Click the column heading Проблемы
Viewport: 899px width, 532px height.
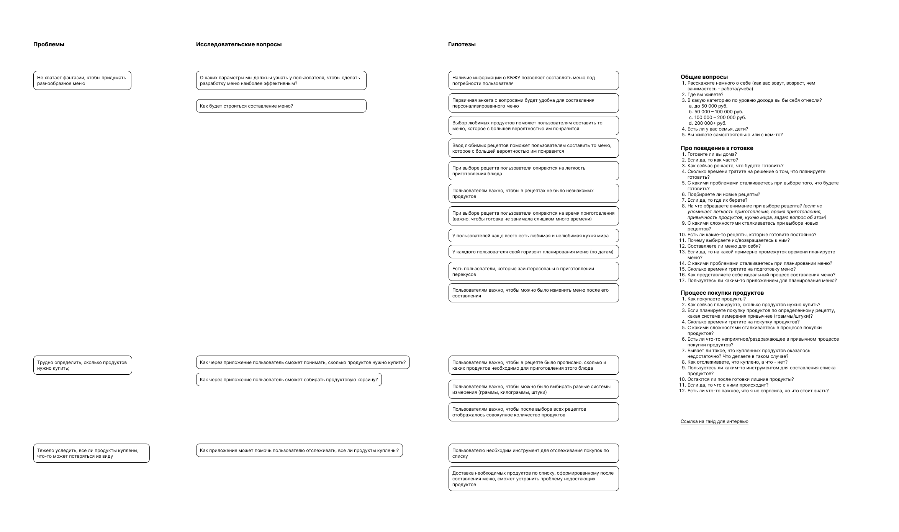click(49, 44)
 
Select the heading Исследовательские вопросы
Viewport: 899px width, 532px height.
click(239, 44)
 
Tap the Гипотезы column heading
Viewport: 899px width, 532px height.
click(462, 44)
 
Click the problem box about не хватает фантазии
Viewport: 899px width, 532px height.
click(82, 80)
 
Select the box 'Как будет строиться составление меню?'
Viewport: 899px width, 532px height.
click(281, 106)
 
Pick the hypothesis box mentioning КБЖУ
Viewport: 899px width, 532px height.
click(533, 80)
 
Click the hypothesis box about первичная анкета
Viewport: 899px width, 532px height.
click(533, 103)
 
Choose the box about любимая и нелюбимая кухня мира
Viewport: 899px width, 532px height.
click(533, 236)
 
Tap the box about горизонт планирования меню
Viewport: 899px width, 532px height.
click(533, 252)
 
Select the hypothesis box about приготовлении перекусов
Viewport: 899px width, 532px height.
click(533, 271)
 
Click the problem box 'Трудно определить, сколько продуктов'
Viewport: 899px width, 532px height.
click(82, 365)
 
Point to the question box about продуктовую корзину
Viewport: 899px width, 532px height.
click(289, 380)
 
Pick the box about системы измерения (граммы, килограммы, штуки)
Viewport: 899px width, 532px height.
click(533, 389)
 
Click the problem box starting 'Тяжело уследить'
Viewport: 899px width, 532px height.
click(91, 453)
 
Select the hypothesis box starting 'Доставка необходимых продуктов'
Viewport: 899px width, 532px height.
click(533, 478)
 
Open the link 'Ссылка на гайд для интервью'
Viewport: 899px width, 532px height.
click(714, 421)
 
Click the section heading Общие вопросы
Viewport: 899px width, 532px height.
click(704, 77)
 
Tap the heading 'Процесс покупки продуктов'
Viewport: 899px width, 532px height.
click(722, 293)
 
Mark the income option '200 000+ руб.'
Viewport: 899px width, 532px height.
click(710, 123)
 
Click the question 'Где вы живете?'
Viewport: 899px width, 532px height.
click(705, 95)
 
